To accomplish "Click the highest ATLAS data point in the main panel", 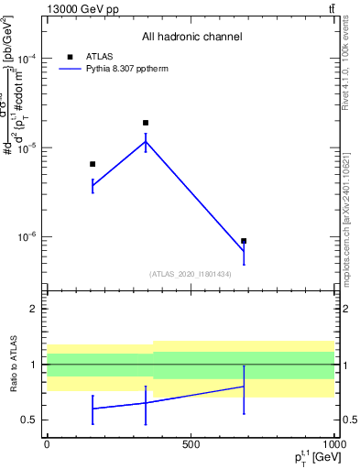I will [146, 123].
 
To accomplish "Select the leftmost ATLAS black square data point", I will [93, 164].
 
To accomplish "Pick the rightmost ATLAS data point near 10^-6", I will [244, 241].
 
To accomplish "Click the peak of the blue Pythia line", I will [146, 141].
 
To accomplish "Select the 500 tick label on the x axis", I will [191, 443].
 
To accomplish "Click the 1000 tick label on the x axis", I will [333, 443].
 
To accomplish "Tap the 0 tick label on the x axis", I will [47, 443].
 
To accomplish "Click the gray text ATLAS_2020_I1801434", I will [190, 274].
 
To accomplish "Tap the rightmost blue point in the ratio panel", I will [244, 387].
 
